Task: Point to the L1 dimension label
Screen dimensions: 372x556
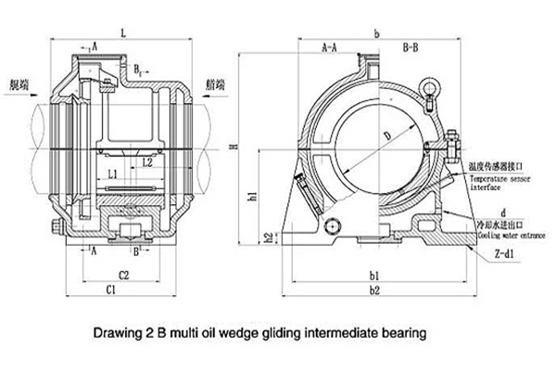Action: pos(111,173)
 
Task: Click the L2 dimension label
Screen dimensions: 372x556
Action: pos(147,161)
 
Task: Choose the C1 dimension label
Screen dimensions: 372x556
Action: pos(109,289)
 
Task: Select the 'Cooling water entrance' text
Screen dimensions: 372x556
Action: pos(506,236)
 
